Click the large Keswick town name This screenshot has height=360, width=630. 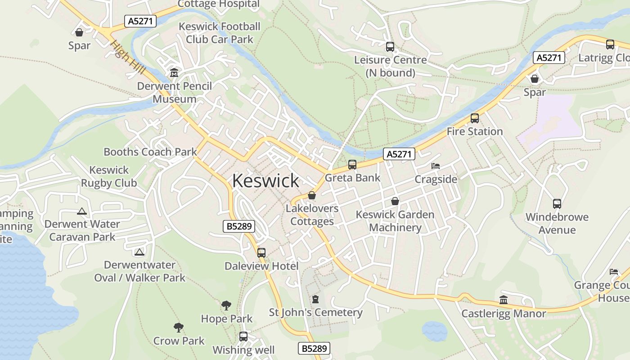coord(265,181)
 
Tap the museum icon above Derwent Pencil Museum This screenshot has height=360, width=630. coord(174,72)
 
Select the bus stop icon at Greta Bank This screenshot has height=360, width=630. coord(352,165)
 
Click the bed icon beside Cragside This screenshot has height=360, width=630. coord(435,166)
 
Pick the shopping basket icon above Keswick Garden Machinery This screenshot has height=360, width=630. coord(395,201)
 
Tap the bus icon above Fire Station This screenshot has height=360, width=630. coord(475,118)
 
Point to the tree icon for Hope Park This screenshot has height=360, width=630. coord(226,306)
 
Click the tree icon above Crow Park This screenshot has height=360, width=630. coord(179,328)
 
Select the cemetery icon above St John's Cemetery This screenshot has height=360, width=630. coord(315,299)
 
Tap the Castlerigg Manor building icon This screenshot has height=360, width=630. coord(504,300)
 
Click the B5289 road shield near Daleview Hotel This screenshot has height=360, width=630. coord(239,226)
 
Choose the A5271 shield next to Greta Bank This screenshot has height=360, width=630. coord(399,154)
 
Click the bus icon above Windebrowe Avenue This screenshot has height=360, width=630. coord(557,204)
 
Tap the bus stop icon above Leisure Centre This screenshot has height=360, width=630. coord(390,47)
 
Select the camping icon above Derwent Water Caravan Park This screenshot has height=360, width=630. coord(82,211)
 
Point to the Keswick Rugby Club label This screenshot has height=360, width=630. coord(109,176)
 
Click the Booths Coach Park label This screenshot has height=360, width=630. coord(150,152)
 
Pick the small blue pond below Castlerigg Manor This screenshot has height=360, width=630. coord(434,331)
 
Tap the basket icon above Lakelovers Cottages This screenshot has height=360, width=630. coord(312,196)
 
